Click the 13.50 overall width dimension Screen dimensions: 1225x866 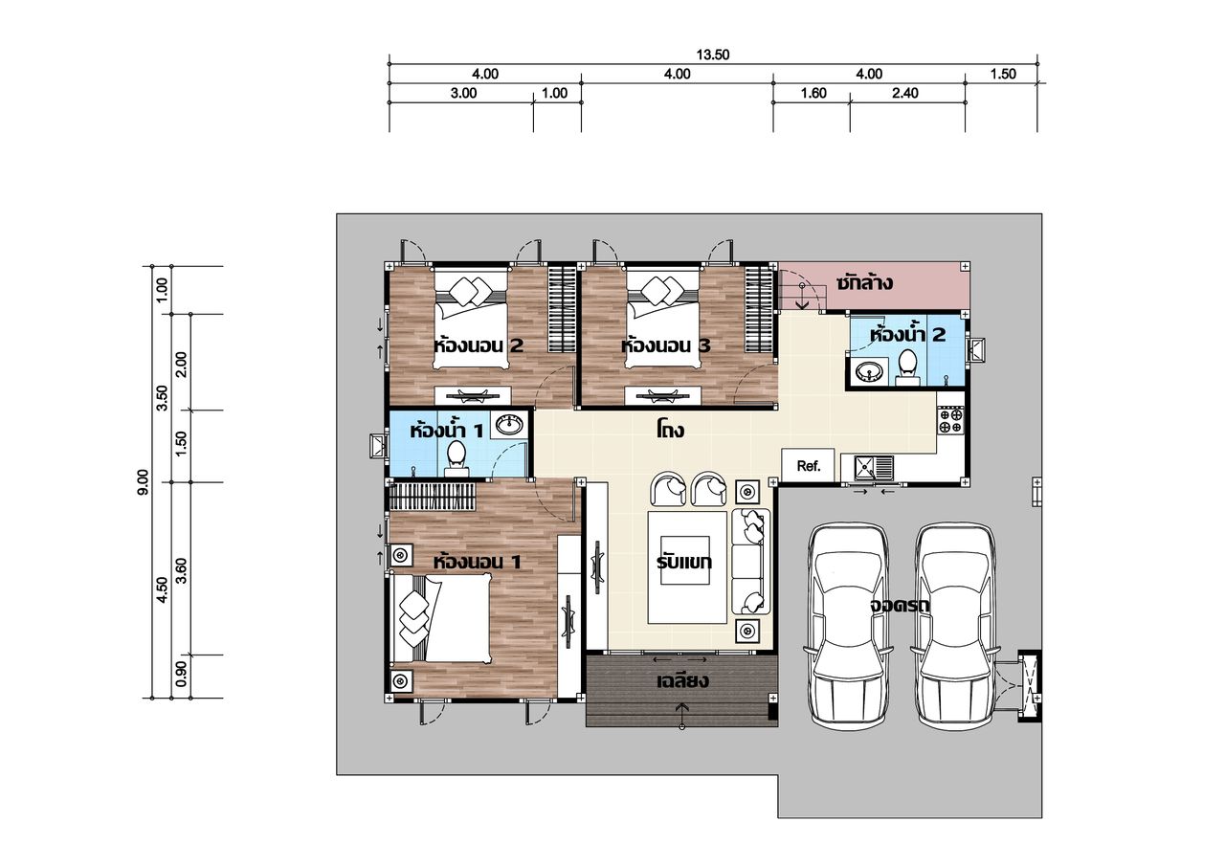(713, 55)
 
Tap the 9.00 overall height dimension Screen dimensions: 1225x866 (143, 482)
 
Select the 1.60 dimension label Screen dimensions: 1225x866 (813, 94)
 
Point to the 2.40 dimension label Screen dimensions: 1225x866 (905, 94)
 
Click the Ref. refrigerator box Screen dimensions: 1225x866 (809, 466)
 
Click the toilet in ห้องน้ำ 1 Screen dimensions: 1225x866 (456, 459)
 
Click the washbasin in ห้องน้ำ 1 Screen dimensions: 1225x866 (509, 425)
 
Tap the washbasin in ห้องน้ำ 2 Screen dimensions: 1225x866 (868, 373)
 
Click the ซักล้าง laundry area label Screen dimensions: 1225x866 (864, 282)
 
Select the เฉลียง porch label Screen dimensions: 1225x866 (682, 680)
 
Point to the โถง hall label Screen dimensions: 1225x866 (671, 431)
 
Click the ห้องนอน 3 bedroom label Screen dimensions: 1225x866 (665, 345)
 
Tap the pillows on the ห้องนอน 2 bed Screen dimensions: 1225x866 (472, 290)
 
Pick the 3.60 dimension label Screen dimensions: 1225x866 (182, 570)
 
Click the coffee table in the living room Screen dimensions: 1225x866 (687, 566)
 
